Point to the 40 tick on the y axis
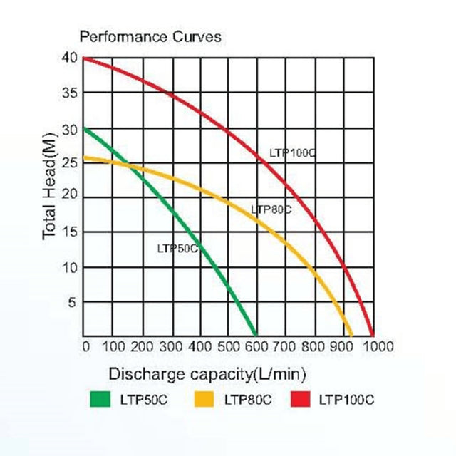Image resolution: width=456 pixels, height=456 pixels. (70, 58)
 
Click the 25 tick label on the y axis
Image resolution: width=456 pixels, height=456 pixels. (70, 162)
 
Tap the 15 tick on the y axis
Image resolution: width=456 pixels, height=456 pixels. (70, 232)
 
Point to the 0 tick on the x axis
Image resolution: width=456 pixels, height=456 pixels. (85, 347)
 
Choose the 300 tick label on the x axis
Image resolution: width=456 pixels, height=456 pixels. (170, 347)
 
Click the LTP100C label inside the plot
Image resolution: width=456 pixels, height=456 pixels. (292, 152)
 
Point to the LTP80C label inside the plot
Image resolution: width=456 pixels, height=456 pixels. (271, 209)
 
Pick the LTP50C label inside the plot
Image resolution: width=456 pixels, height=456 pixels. (177, 248)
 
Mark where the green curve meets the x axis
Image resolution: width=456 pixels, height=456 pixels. (256, 336)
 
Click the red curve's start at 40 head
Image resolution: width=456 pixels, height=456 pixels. (84, 58)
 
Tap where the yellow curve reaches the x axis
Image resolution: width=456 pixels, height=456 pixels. (352, 336)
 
